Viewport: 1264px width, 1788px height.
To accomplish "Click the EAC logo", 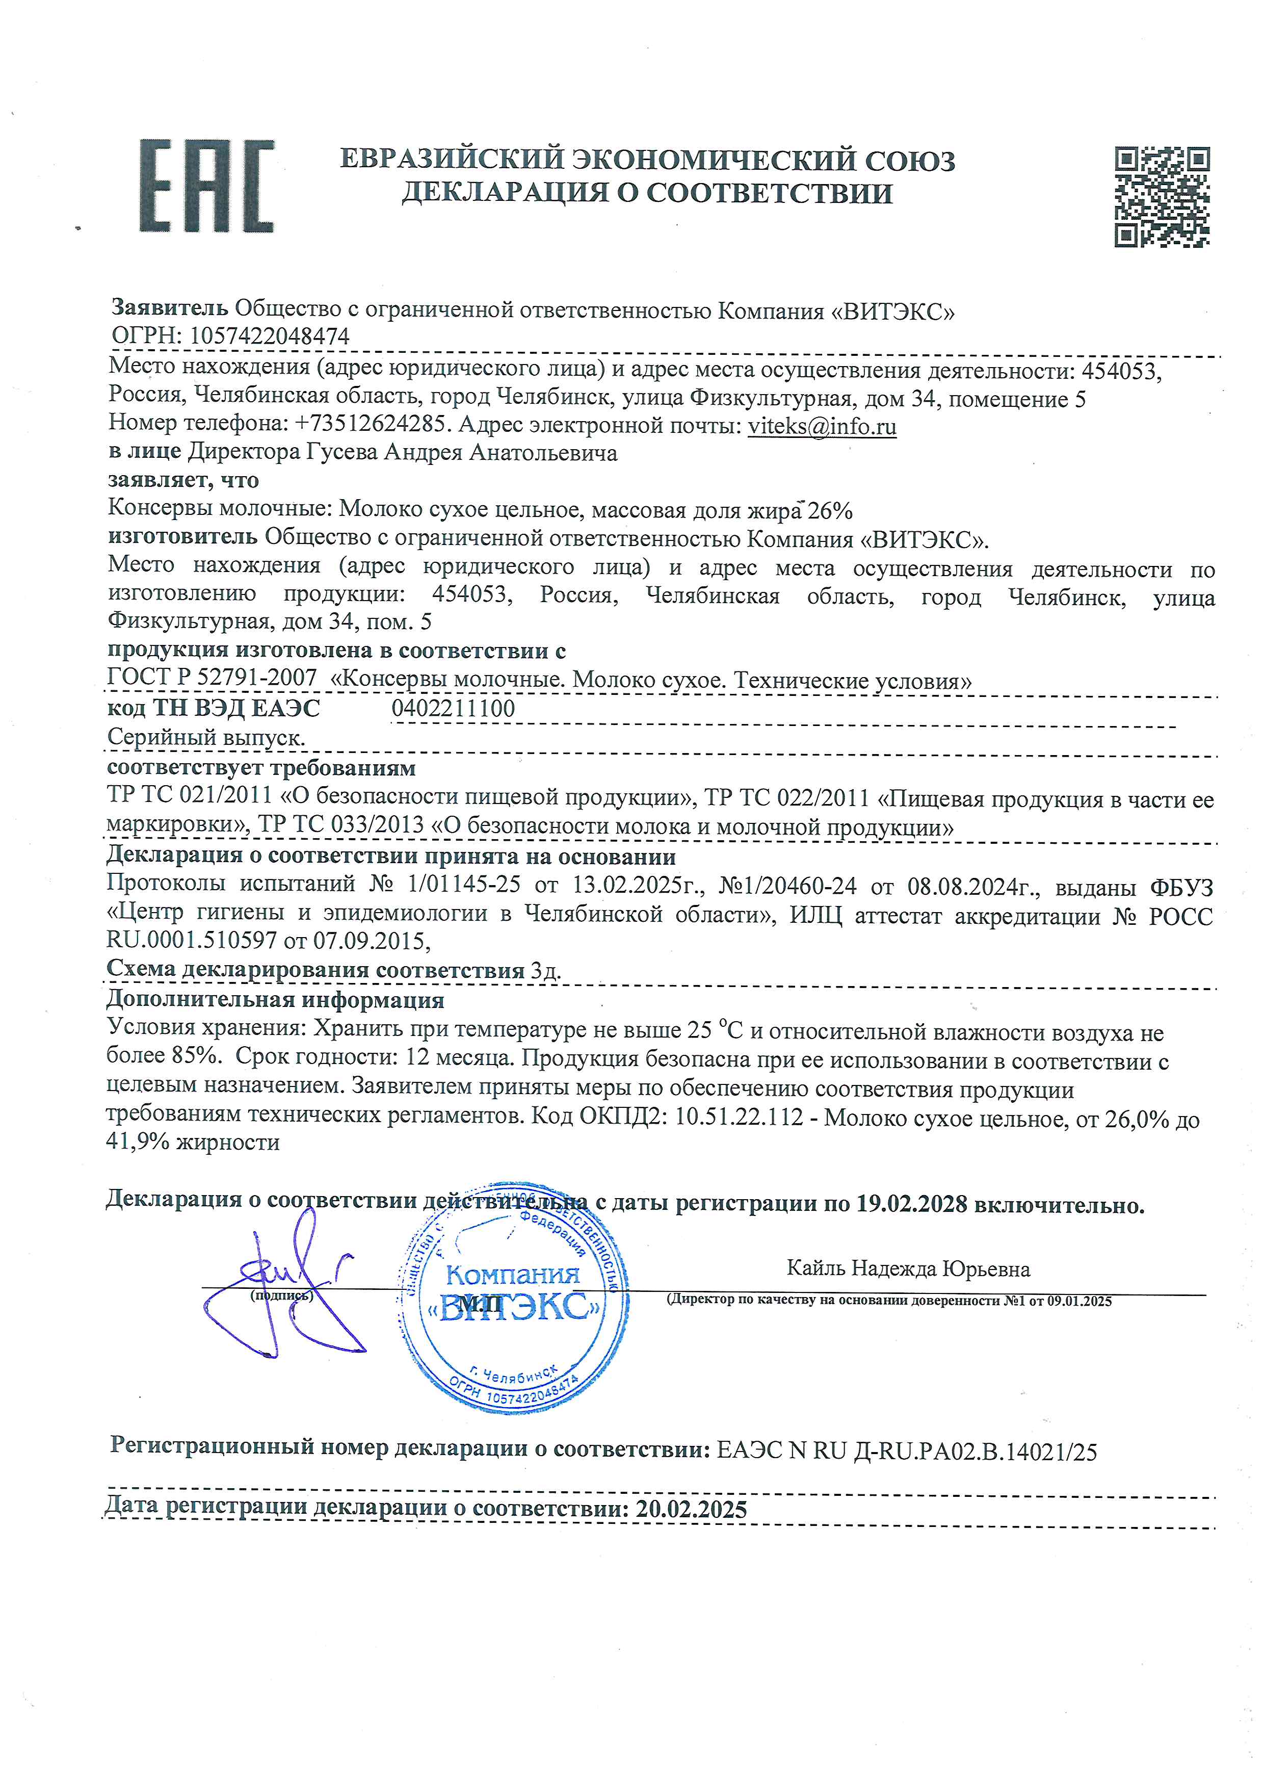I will tap(207, 186).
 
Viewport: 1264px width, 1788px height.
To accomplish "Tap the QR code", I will tap(1162, 196).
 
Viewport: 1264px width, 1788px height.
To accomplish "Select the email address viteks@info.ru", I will tap(822, 427).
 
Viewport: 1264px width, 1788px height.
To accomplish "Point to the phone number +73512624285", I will tap(372, 425).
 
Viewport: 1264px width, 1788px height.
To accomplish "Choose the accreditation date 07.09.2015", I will tap(372, 941).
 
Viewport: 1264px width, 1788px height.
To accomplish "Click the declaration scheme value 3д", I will tap(545, 970).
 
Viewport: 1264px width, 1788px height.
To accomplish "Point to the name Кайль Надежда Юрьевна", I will tap(908, 1268).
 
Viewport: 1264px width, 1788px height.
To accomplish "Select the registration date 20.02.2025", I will tap(691, 1509).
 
